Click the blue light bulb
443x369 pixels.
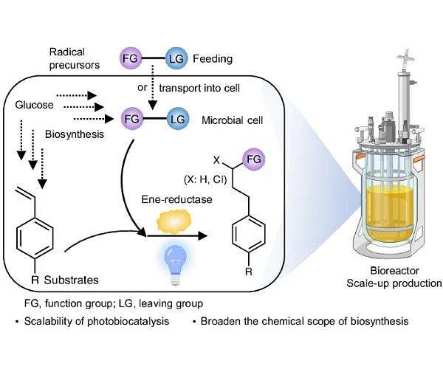[171, 259]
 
